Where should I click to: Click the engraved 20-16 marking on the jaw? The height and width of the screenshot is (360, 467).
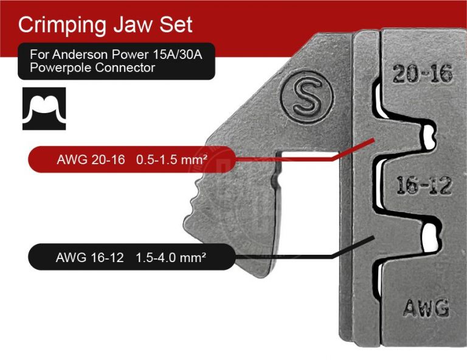click(422, 74)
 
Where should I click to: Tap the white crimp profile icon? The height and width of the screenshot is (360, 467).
click(44, 108)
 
